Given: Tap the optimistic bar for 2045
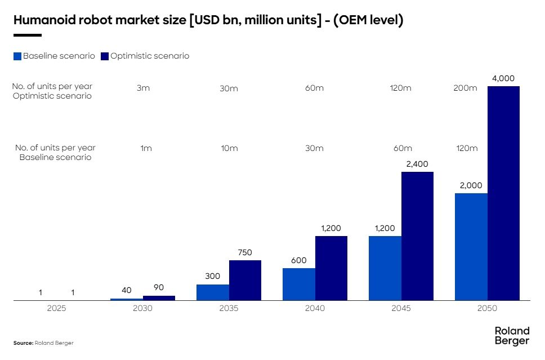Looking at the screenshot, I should click(417, 236).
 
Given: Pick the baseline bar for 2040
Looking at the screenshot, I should click(299, 284).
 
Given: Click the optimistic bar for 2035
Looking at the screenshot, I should click(245, 280).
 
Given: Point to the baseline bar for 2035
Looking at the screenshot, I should click(213, 292).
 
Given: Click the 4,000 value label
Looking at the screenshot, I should click(503, 78).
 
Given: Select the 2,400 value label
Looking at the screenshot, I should click(417, 164).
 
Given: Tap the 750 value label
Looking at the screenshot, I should click(245, 252).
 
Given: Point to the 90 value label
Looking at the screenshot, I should click(159, 287).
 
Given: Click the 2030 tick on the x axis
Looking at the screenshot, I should click(143, 309).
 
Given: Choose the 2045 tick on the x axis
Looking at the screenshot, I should click(401, 309).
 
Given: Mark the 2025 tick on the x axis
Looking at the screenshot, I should click(57, 309).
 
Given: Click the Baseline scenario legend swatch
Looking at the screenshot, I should click(17, 56).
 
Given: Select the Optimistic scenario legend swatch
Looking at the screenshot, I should click(105, 56).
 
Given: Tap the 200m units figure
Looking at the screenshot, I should click(465, 88).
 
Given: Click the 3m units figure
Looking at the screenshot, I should click(143, 88).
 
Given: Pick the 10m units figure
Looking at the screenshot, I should click(229, 148).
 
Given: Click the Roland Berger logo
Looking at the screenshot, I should click(512, 336).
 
